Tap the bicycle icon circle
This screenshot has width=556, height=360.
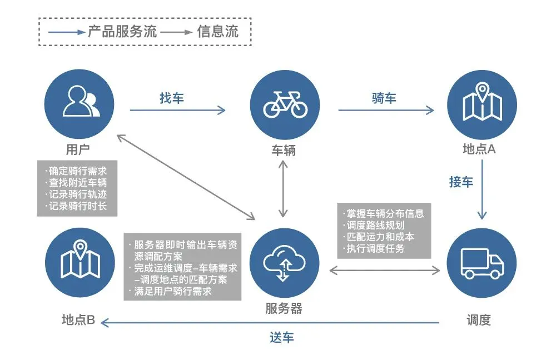pyautogui.click(x=285, y=103)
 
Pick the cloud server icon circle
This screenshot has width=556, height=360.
pyautogui.click(x=284, y=263)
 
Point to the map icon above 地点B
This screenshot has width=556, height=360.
pyautogui.click(x=80, y=263)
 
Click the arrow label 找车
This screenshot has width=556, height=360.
pyautogui.click(x=172, y=98)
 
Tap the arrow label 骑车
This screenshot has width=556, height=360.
pyautogui.click(x=384, y=98)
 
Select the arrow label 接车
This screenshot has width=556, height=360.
pyautogui.click(x=461, y=182)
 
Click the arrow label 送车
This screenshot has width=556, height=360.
pyautogui.click(x=282, y=337)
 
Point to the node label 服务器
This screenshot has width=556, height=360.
pyautogui.click(x=284, y=309)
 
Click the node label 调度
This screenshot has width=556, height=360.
pyautogui.click(x=479, y=320)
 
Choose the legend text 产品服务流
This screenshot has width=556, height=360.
pyautogui.click(x=116, y=32)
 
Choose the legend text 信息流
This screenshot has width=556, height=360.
pyautogui.click(x=217, y=32)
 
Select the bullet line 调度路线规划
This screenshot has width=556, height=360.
pyautogui.click(x=376, y=226)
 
